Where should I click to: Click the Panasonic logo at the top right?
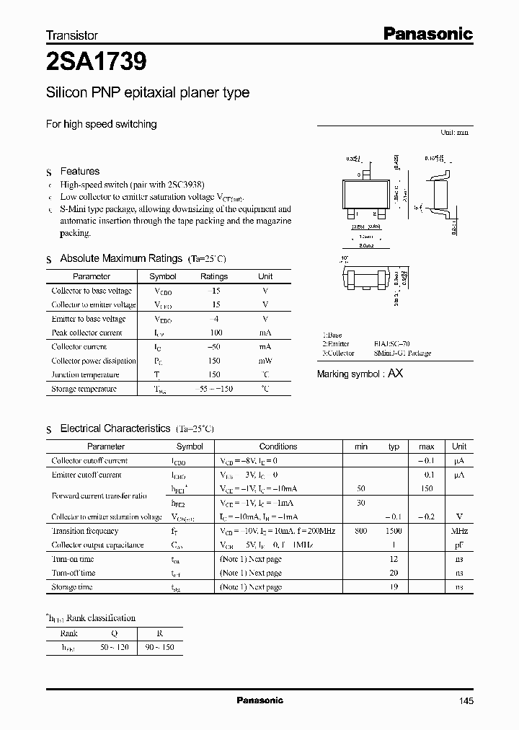(427, 33)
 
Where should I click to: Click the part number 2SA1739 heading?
(97, 62)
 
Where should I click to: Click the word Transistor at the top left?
(72, 35)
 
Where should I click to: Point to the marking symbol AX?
(396, 374)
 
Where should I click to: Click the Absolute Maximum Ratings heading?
(120, 258)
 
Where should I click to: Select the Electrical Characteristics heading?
(115, 428)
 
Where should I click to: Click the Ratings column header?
(214, 276)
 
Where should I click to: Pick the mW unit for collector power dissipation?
(265, 361)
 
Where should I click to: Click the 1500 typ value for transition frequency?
(394, 531)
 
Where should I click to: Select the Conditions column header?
(278, 447)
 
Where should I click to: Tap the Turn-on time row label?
(73, 559)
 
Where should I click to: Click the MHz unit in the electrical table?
(459, 531)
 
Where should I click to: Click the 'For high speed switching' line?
(101, 124)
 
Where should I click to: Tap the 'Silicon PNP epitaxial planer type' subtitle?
(148, 93)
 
